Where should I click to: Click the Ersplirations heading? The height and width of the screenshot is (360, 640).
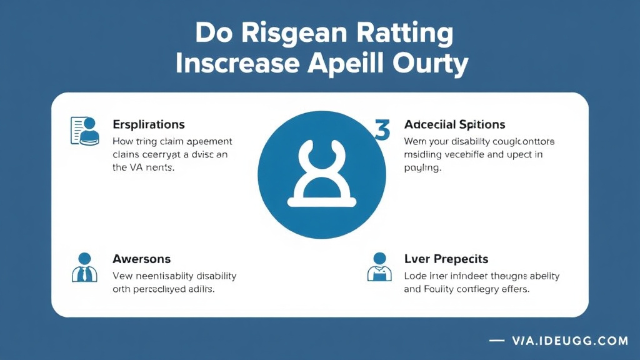[148, 124]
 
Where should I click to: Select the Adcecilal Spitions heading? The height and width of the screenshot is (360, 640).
[454, 124]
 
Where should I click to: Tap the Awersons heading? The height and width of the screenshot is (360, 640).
[141, 258]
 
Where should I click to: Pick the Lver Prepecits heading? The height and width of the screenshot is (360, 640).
[446, 258]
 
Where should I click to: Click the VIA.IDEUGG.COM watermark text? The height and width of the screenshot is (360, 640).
[569, 341]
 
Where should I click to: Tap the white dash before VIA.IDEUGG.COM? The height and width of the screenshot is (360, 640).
[497, 341]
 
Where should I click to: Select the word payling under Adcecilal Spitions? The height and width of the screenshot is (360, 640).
[423, 168]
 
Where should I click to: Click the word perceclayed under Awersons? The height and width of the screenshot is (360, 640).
[159, 289]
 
